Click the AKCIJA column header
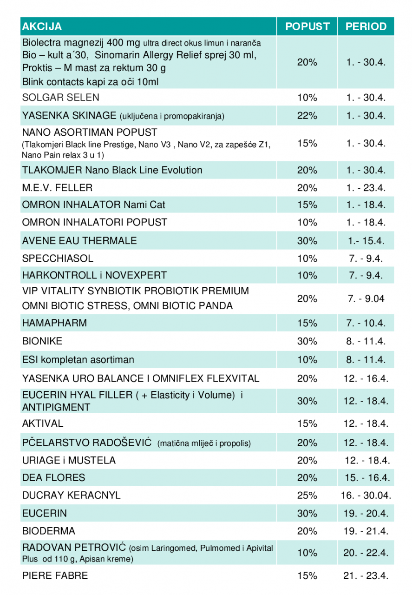click(x=42, y=26)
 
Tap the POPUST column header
click(x=307, y=26)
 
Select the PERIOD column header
click(x=366, y=26)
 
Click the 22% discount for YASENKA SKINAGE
click(x=307, y=116)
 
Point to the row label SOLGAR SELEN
click(x=60, y=98)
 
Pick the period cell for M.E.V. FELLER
click(x=366, y=188)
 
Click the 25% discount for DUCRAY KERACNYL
click(x=307, y=496)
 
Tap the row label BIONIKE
click(x=42, y=341)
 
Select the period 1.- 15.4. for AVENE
click(x=366, y=241)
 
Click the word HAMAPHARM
click(x=54, y=323)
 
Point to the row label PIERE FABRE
click(x=55, y=575)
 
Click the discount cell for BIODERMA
click(x=307, y=531)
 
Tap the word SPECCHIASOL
click(x=58, y=258)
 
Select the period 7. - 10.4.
click(x=366, y=323)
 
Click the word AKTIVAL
click(x=43, y=423)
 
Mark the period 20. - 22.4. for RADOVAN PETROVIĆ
click(x=366, y=553)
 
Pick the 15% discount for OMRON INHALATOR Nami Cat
click(x=307, y=205)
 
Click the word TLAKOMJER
click(x=52, y=170)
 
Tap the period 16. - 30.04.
click(x=366, y=496)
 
